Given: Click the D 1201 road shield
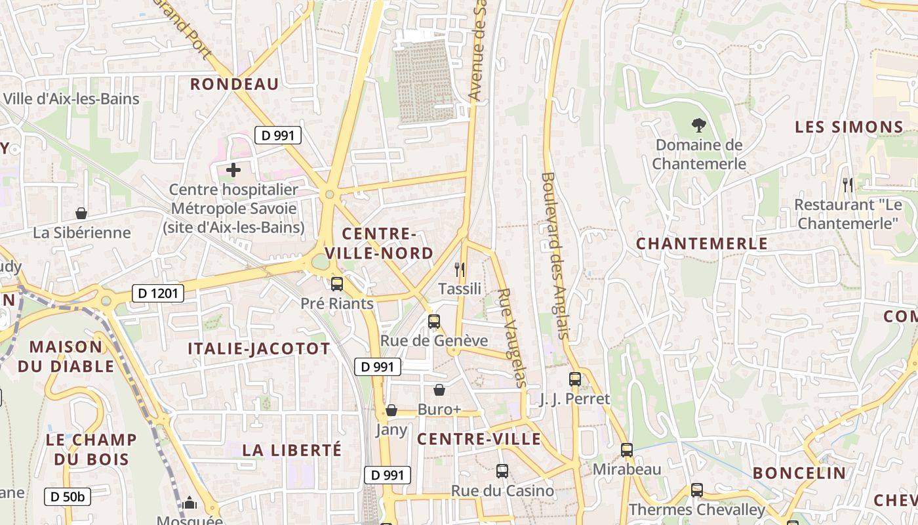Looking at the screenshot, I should coord(157,293).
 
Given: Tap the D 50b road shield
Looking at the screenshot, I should coord(68,497).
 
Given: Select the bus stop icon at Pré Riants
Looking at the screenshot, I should coord(337,284).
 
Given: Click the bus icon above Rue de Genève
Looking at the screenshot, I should coord(434,322).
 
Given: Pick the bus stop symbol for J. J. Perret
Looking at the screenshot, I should coord(575,379).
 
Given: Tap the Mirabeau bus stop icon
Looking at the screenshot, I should coord(627,450).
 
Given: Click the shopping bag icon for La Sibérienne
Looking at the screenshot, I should coord(81,213).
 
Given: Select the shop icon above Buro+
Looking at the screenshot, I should coord(439,390).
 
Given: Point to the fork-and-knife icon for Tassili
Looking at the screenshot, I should coord(460,269).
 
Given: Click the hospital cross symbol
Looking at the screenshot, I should coord(233,171).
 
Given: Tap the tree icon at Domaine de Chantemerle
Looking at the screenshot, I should coord(699,125).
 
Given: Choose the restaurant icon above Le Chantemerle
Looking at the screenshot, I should coord(848,185).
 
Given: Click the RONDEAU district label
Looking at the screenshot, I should coord(235,84).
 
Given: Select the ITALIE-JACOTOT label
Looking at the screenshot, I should coord(259,348).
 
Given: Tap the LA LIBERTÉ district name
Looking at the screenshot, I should coord(292,450).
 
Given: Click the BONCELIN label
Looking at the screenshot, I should coord(799,473).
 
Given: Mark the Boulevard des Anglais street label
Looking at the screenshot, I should coord(555,256).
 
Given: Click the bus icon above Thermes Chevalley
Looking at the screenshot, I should coord(696,490).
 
